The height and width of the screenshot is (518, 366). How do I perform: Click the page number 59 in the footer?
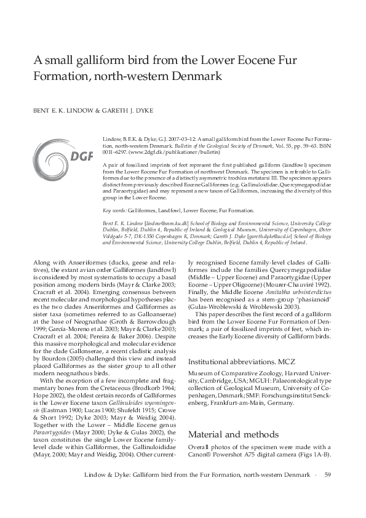[x=328, y=474]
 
